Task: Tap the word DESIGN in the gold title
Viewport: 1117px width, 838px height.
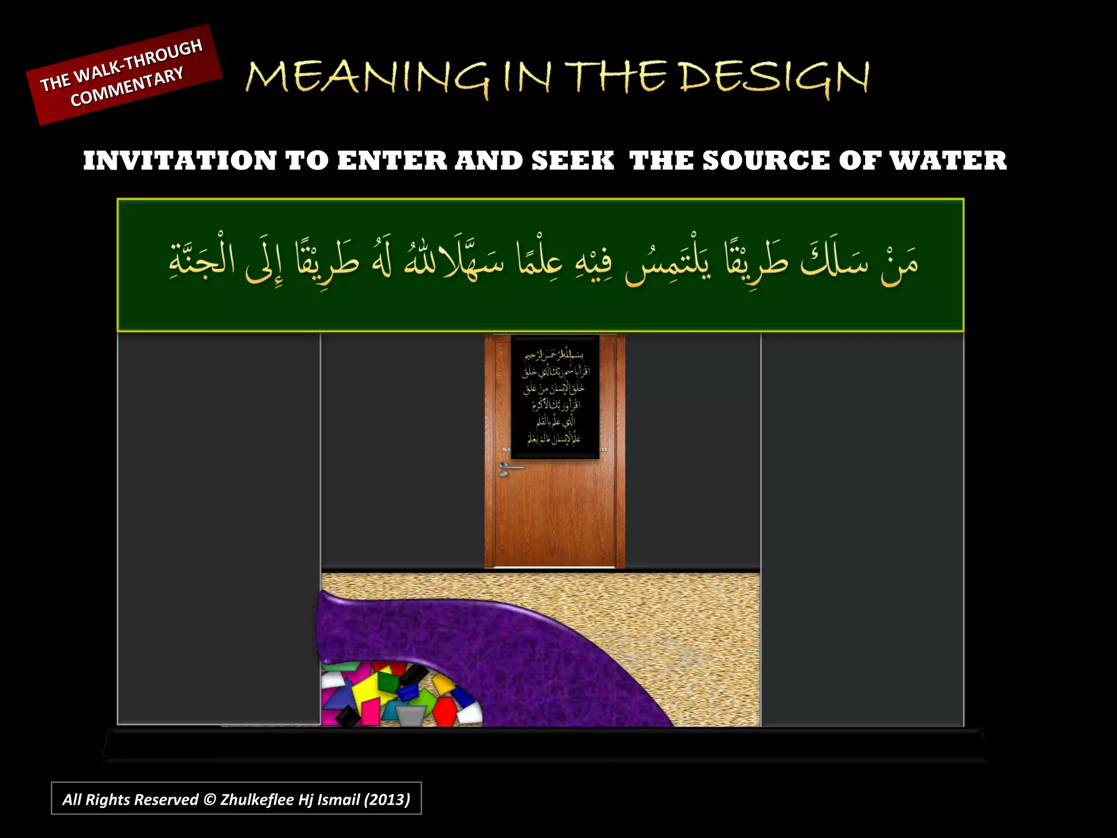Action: point(774,78)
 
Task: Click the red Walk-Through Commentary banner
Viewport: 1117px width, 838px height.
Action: point(124,74)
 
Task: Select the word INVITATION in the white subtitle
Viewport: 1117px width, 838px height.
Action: point(180,161)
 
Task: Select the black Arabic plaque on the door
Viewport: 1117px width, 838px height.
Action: point(555,397)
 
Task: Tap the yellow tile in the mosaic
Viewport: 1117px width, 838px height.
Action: point(367,691)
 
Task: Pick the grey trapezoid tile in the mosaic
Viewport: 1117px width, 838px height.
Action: point(410,715)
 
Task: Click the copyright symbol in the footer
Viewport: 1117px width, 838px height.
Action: point(209,800)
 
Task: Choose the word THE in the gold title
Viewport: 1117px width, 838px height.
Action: point(616,78)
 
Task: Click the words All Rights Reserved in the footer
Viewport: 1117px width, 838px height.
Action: point(130,800)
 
